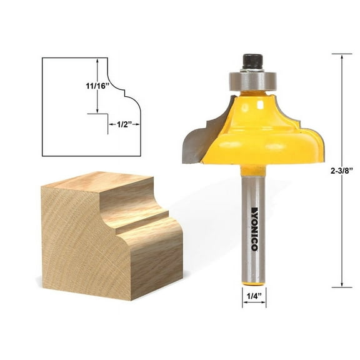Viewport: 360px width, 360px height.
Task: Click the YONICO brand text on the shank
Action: (x=254, y=227)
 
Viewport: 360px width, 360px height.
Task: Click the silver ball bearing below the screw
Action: (x=253, y=80)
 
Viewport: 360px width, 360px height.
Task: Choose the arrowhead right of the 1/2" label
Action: (x=137, y=124)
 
